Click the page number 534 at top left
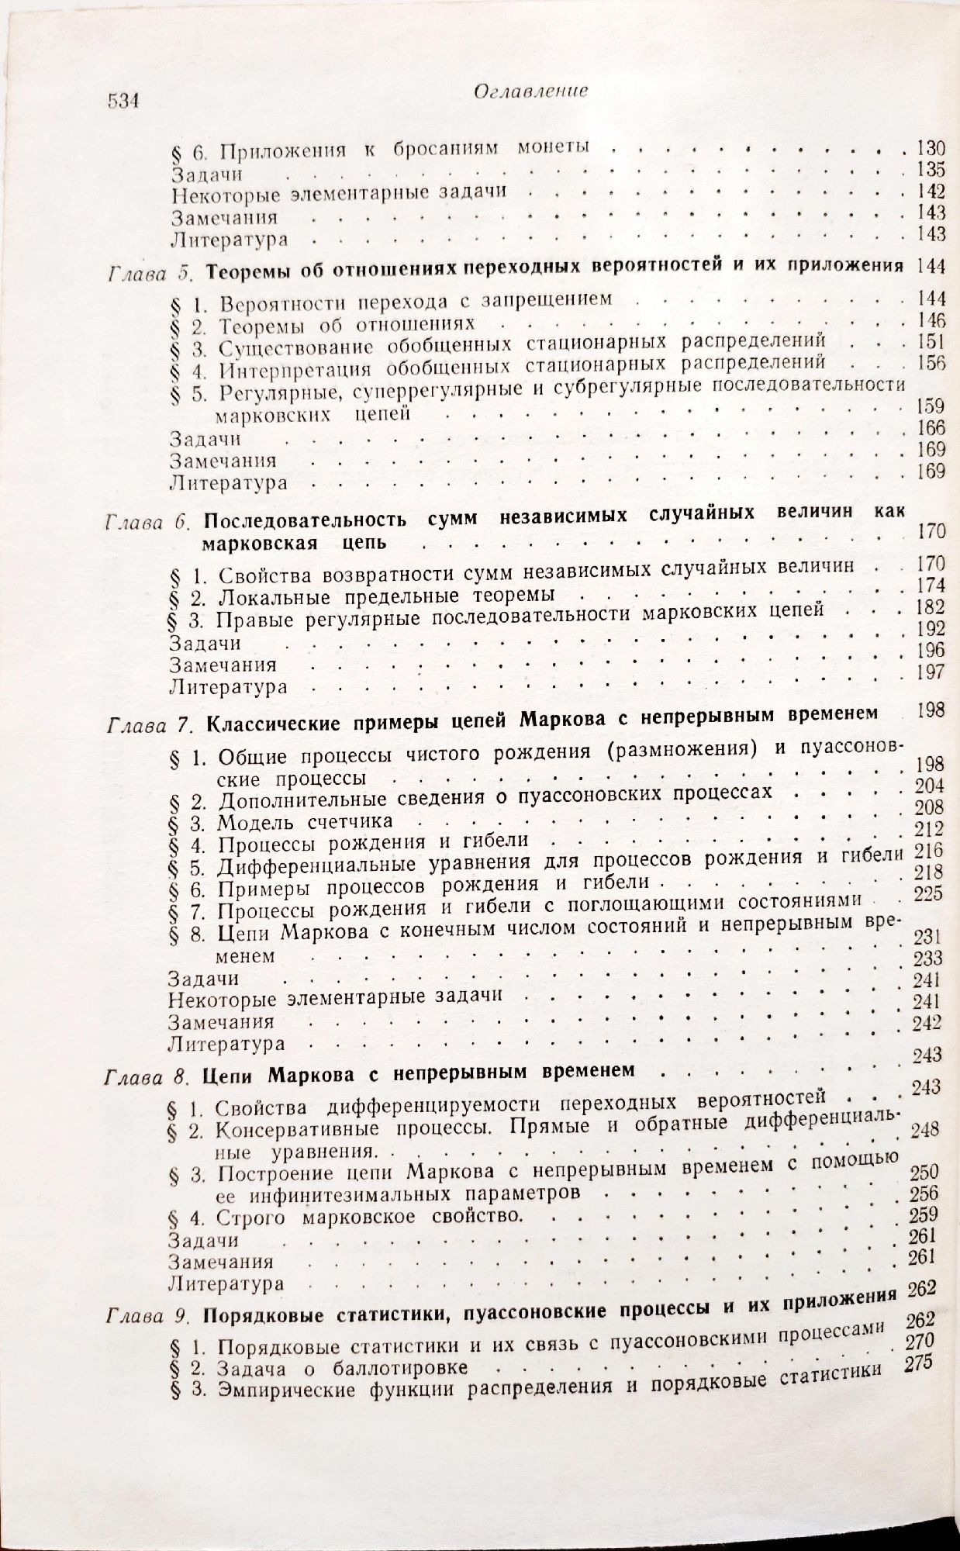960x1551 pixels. [x=122, y=102]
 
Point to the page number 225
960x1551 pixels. [x=928, y=893]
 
